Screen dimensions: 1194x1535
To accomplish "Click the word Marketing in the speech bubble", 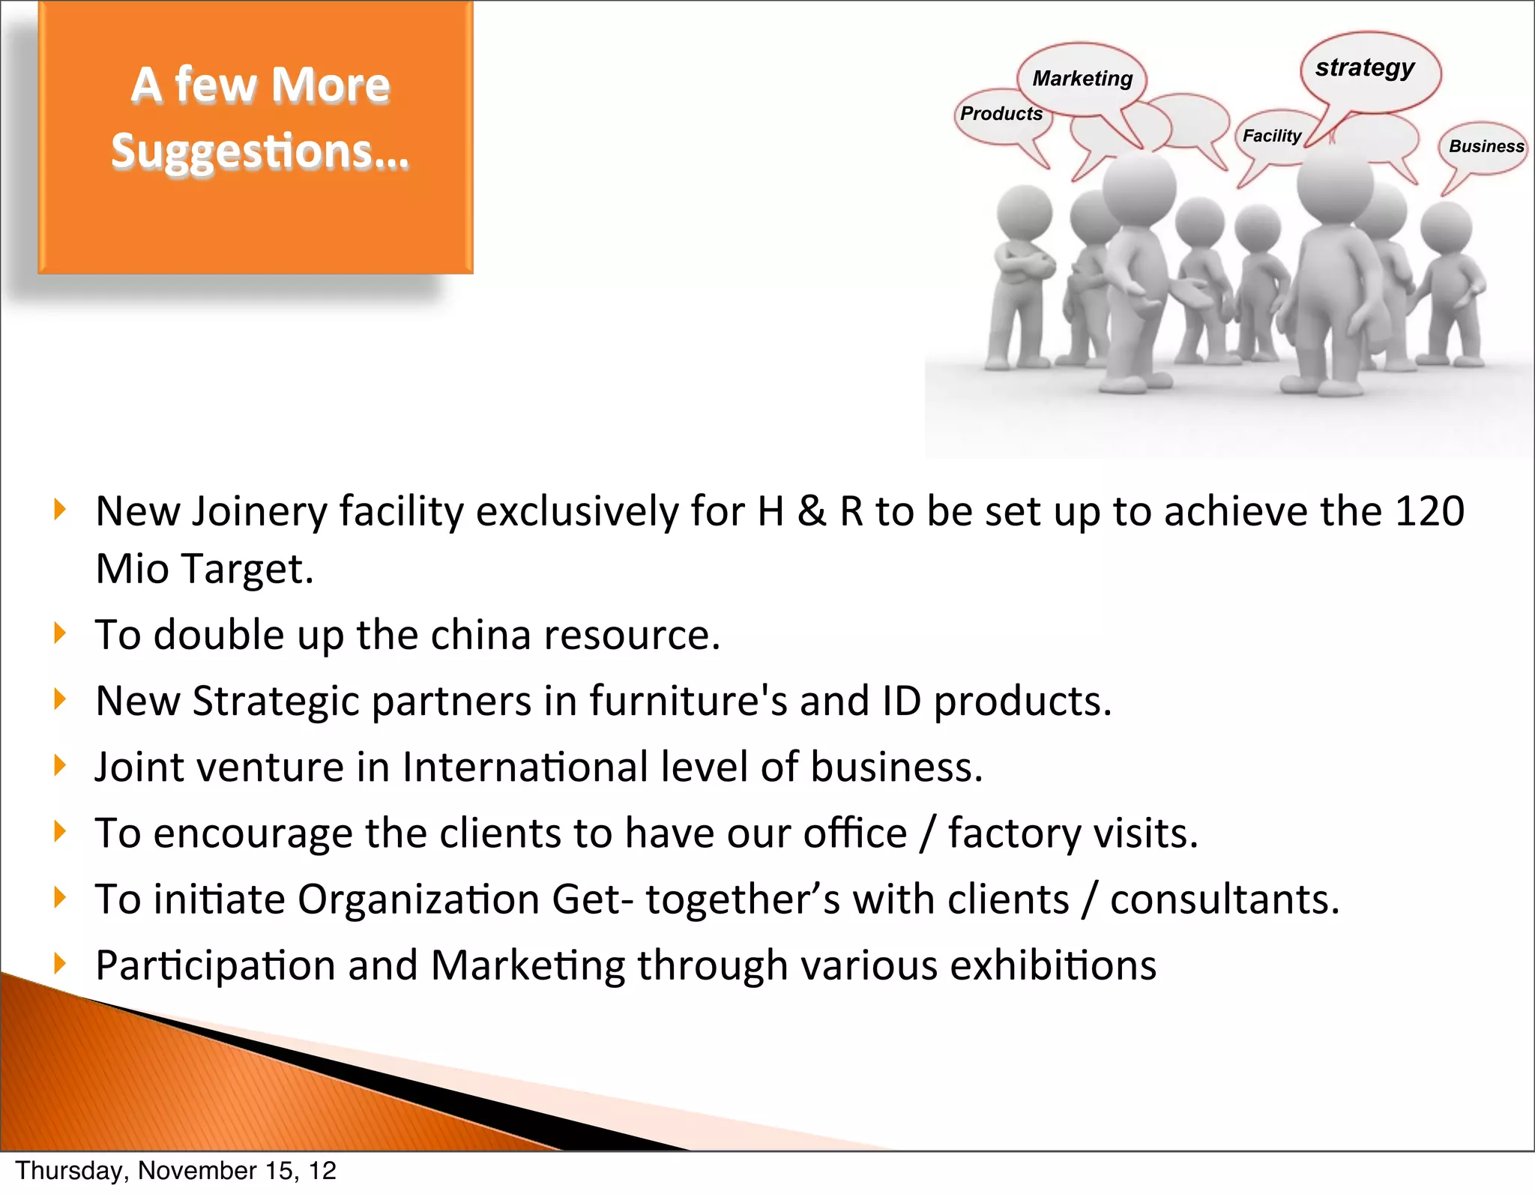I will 1082,79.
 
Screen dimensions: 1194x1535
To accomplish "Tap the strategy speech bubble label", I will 1365,67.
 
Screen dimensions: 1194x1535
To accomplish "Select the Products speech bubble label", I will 1001,114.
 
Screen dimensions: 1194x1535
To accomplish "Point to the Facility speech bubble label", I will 1271,136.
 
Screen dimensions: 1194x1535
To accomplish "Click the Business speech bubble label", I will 1486,146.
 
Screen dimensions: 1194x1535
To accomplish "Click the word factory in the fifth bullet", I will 1014,833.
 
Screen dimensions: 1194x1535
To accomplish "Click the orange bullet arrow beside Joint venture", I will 61,765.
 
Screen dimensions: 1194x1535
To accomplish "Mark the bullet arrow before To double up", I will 61,633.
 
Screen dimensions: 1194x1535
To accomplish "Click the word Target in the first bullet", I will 247,569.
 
